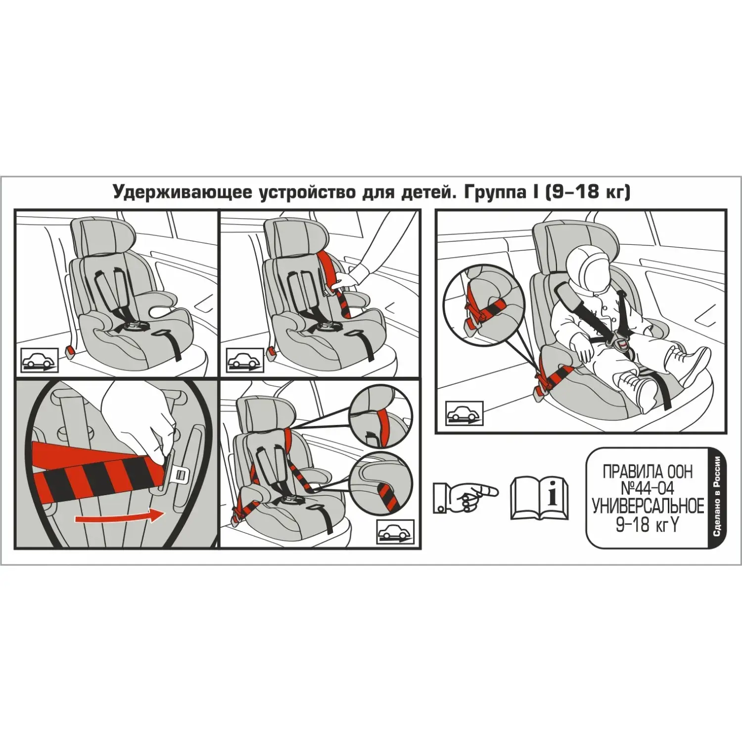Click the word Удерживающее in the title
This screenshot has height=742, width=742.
tap(182, 192)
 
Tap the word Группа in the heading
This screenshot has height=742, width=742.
tap(493, 192)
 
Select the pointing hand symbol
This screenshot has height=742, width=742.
tap(465, 497)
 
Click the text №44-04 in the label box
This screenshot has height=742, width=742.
tap(648, 489)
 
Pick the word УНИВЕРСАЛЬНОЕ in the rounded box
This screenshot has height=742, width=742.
tap(648, 507)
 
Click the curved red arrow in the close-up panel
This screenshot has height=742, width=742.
tap(119, 516)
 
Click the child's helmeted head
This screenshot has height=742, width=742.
tap(592, 267)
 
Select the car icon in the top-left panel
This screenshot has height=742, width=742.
tap(40, 360)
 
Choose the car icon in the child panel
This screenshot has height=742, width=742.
tap(464, 412)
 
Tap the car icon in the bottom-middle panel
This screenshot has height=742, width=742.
tap(395, 532)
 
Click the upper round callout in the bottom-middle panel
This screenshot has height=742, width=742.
tap(380, 416)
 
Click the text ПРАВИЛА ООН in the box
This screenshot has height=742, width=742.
tap(648, 472)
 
